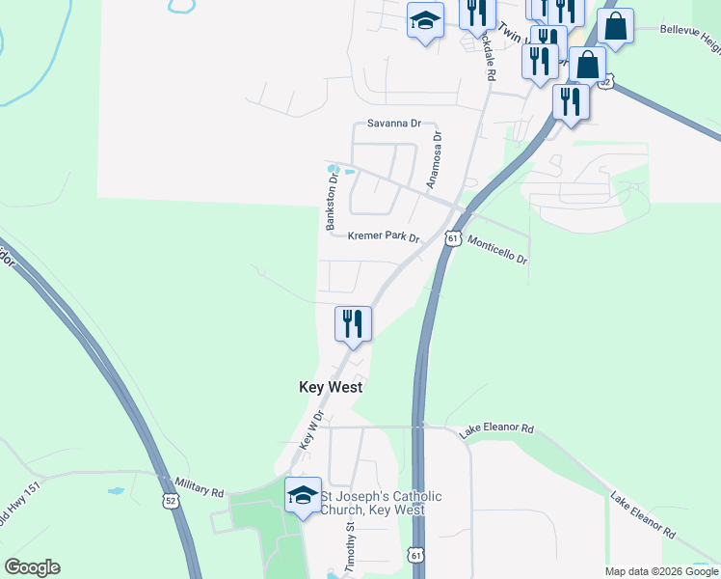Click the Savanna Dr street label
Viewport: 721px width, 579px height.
(x=395, y=124)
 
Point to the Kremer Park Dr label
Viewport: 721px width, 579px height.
(x=384, y=236)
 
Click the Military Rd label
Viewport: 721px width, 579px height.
(x=199, y=485)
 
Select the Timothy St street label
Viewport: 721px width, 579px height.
(x=351, y=548)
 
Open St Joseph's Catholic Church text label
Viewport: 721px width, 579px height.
(x=381, y=503)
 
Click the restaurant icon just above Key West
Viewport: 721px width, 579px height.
(x=353, y=323)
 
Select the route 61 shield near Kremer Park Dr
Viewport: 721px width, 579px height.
(x=453, y=237)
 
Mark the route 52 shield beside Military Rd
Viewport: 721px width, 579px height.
(x=171, y=501)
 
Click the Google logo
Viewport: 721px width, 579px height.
(x=32, y=567)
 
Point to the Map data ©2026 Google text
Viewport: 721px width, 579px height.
(x=660, y=571)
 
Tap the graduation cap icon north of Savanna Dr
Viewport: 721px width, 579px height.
(x=425, y=21)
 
